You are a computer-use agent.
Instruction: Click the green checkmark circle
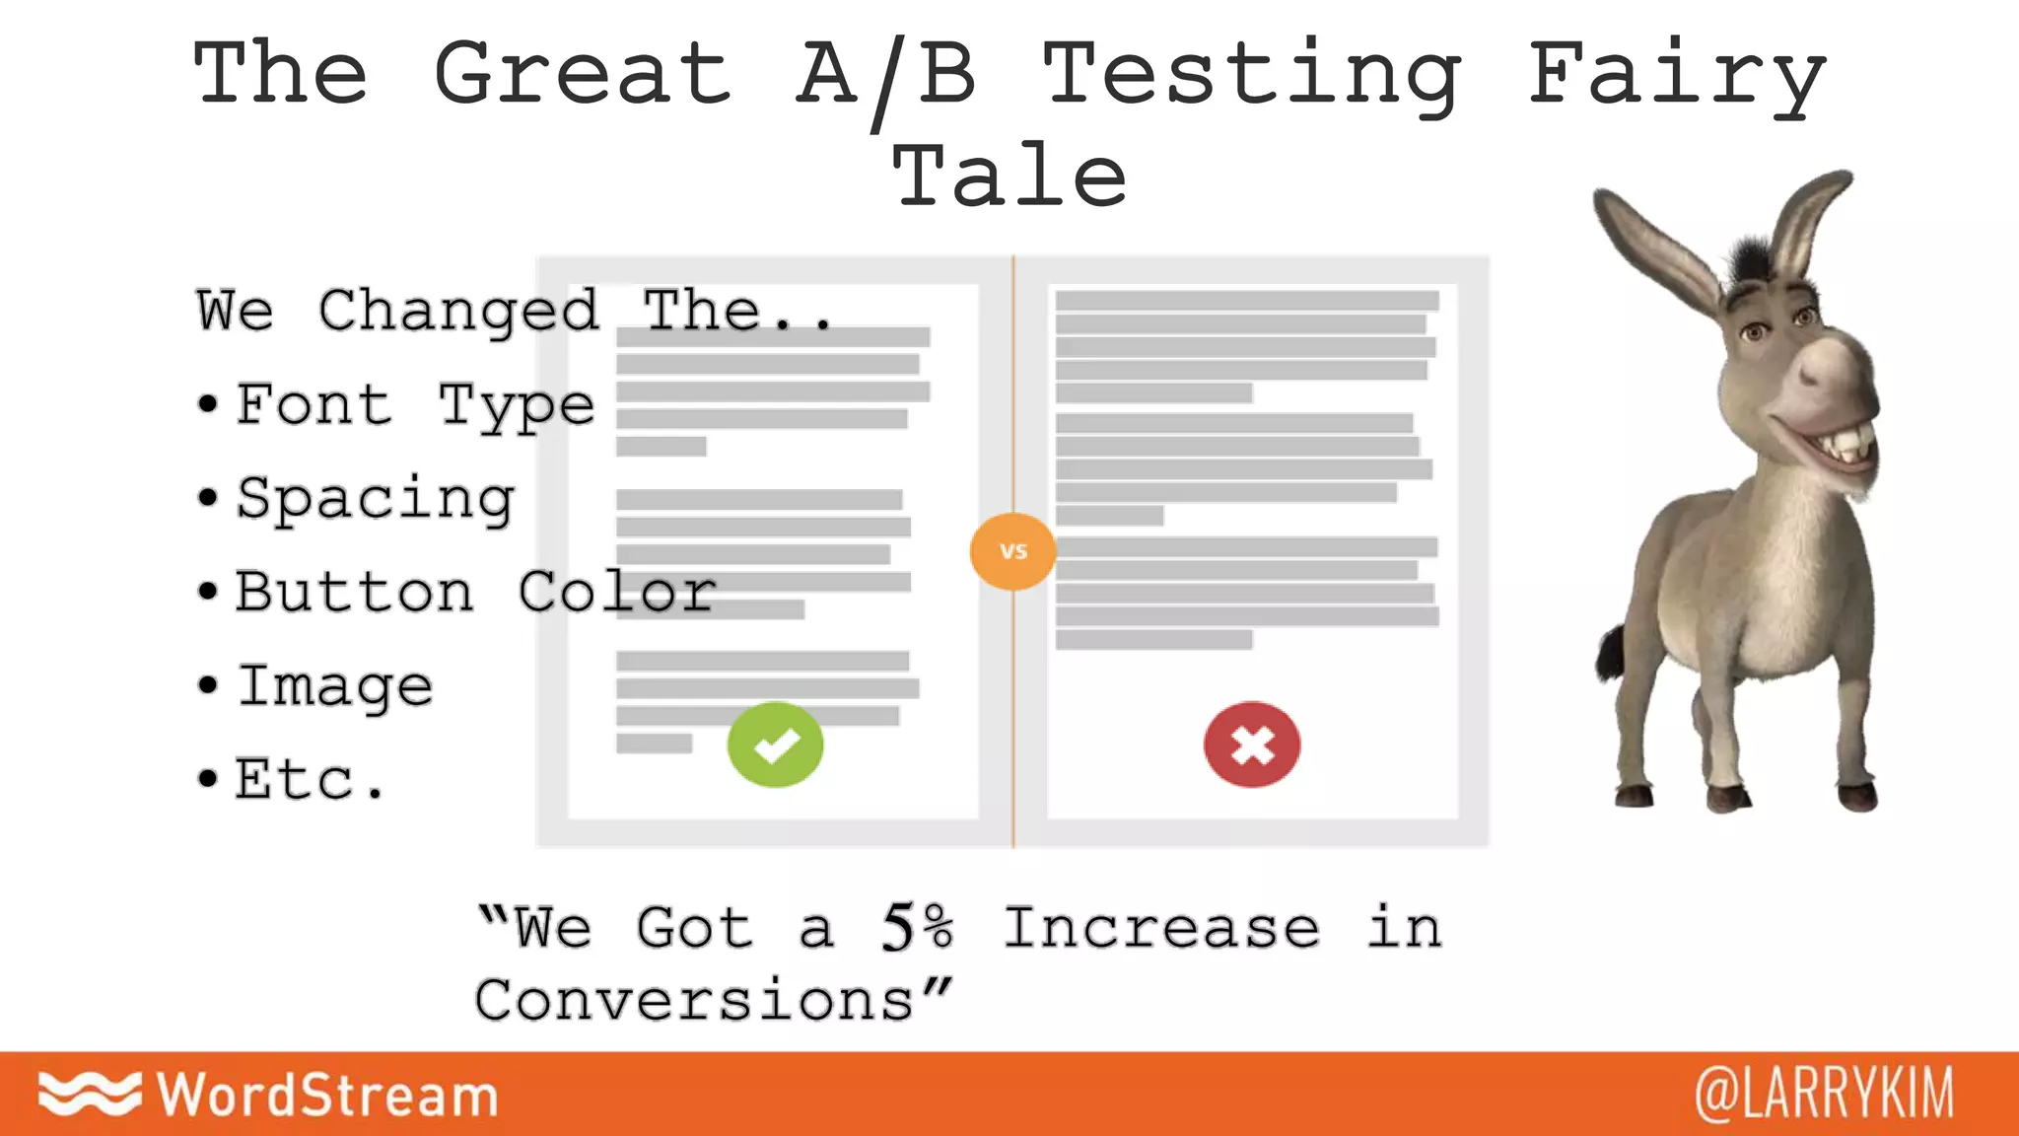[775, 745]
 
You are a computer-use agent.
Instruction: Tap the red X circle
[1252, 745]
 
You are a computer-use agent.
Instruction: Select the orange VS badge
[1013, 551]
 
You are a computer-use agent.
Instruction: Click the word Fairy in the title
[1677, 75]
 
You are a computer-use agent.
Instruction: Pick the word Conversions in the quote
[696, 1001]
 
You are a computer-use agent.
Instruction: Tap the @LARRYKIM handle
[1824, 1094]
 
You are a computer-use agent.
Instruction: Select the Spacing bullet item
[375, 498]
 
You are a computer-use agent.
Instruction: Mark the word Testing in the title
[1252, 75]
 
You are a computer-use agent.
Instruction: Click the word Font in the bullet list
[313, 404]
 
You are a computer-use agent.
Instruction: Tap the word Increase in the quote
[1161, 928]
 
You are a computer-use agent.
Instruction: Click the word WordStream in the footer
[328, 1095]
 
